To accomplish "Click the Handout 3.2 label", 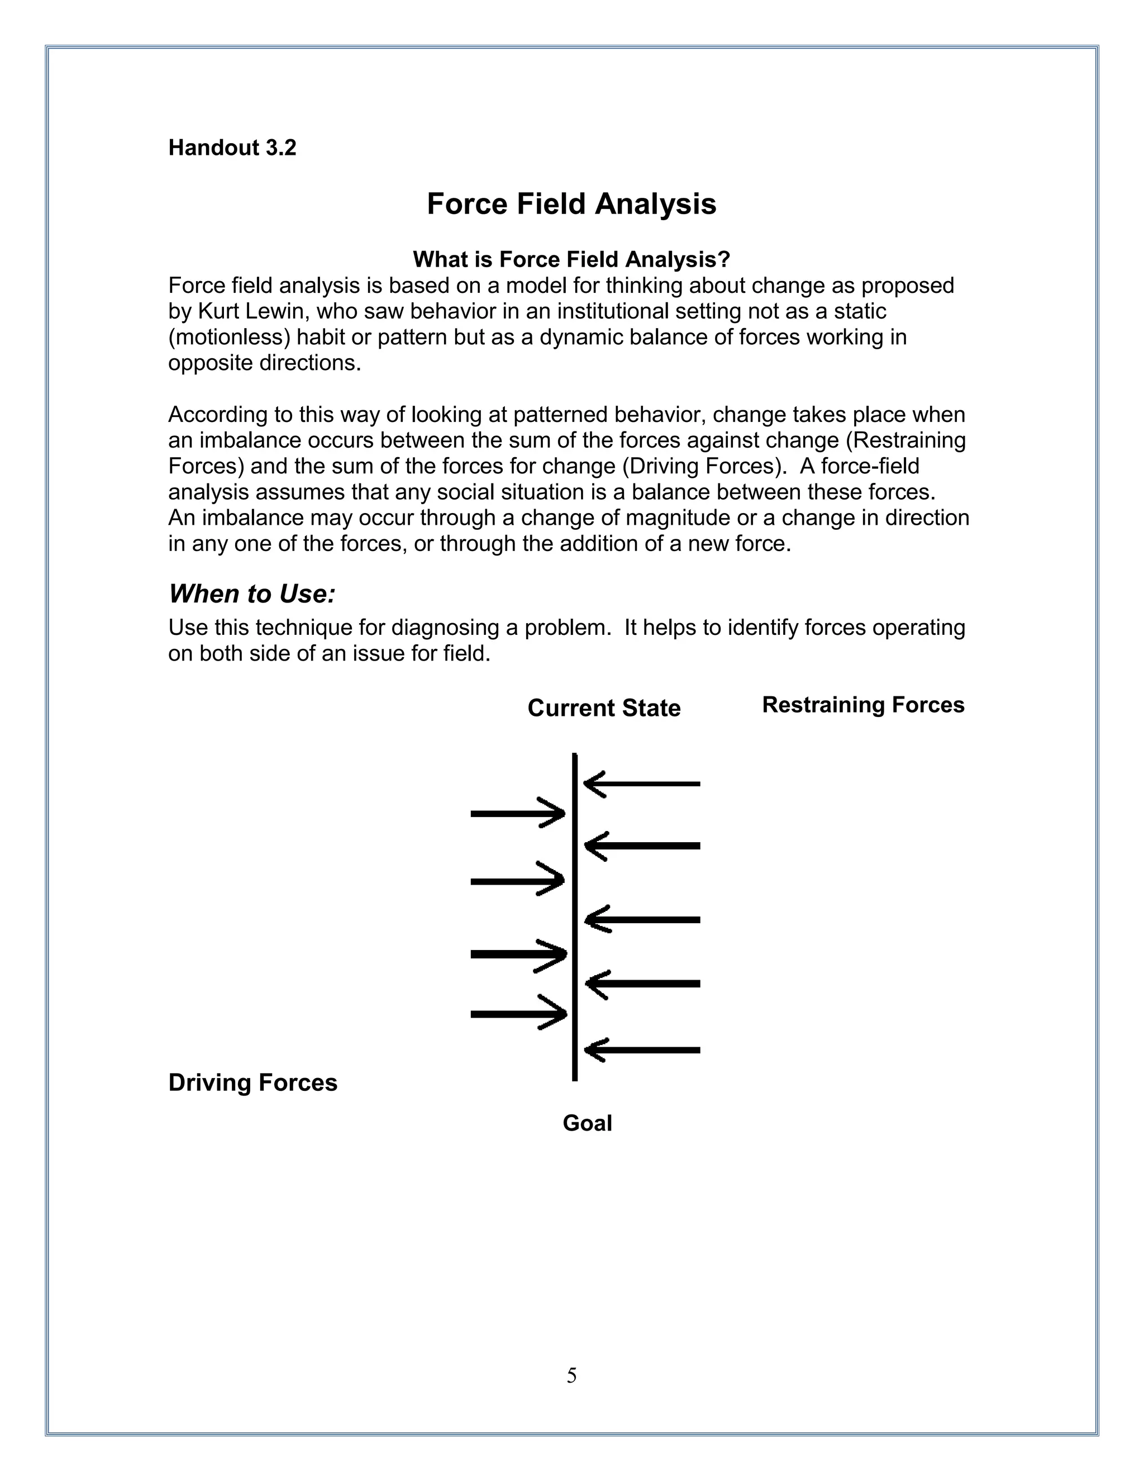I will (x=232, y=148).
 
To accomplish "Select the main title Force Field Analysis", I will (x=571, y=204).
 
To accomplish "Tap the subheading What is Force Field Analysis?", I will (x=571, y=259).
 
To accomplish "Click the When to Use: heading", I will (x=252, y=594).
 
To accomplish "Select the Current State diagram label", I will (x=604, y=708).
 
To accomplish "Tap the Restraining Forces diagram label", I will (x=862, y=705).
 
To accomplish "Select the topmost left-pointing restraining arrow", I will (x=641, y=784).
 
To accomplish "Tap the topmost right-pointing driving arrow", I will (x=518, y=813).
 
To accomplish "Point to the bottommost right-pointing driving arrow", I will (x=518, y=1014).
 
